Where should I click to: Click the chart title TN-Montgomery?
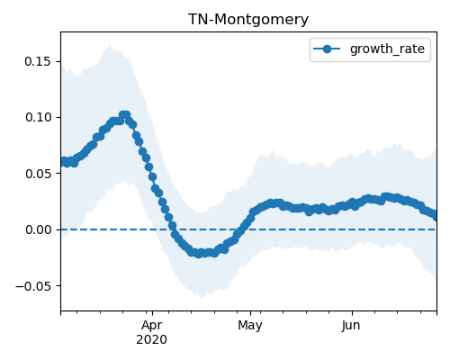(248, 20)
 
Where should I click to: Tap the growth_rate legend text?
(387, 49)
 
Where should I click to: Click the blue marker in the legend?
(327, 49)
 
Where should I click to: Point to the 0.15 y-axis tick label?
(38, 61)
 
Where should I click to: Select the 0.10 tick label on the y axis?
(38, 117)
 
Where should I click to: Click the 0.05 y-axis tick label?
(38, 174)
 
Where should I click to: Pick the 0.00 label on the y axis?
(38, 229)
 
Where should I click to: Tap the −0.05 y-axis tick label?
(33, 286)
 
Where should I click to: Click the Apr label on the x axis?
(152, 326)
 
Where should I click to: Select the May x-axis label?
(250, 326)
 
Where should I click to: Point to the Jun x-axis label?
(351, 326)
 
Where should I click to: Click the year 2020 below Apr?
(152, 340)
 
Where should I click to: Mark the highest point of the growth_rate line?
(124, 114)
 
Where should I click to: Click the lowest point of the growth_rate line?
(199, 254)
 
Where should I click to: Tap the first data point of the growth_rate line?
(62, 162)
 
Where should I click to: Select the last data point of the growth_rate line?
(436, 217)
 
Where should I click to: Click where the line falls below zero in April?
(173, 229)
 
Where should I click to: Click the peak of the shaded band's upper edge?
(109, 45)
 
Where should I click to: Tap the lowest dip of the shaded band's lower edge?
(202, 297)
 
